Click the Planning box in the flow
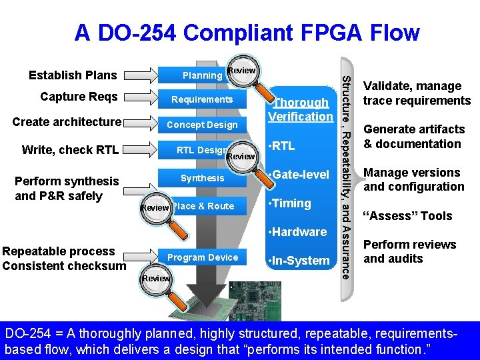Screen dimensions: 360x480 [x=202, y=75]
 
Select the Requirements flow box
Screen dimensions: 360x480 [x=202, y=99]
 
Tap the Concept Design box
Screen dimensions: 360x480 [x=202, y=125]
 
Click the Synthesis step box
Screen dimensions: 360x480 [x=202, y=178]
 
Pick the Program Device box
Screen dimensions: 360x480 [x=202, y=257]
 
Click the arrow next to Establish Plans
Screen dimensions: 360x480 [x=141, y=75]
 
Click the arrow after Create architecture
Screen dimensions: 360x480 [x=141, y=122]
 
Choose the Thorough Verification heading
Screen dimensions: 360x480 [x=300, y=109]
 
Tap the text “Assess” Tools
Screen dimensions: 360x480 [x=407, y=216]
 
